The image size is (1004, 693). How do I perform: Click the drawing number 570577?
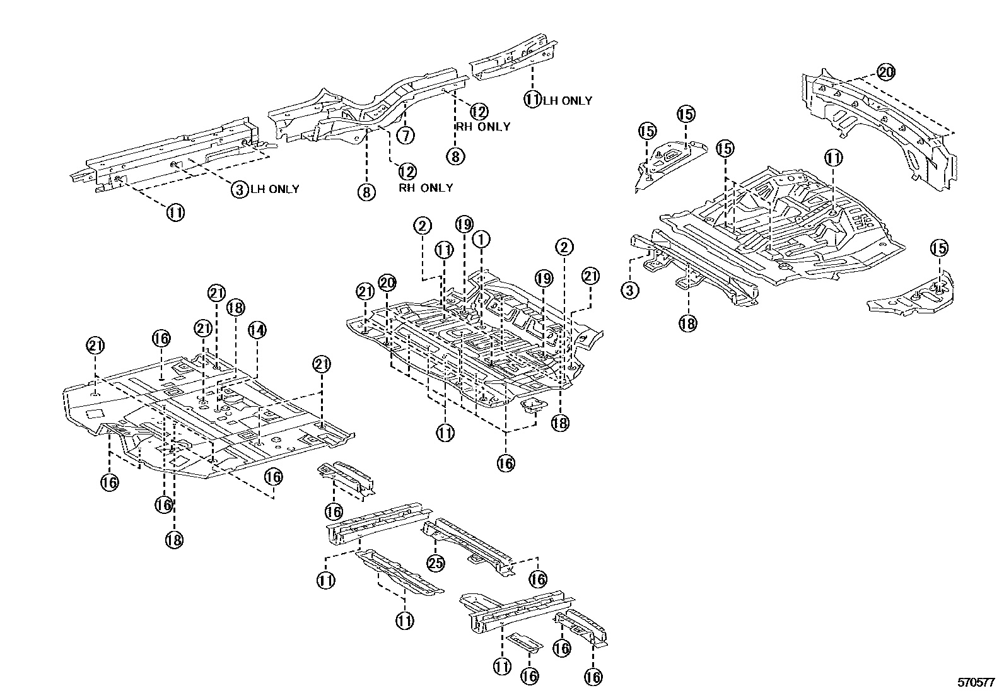(x=975, y=682)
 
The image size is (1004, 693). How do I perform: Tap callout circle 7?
(x=406, y=135)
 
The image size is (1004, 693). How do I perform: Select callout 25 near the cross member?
(x=436, y=562)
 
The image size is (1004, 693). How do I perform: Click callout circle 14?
(x=257, y=329)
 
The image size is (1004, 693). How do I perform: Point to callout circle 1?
(x=481, y=239)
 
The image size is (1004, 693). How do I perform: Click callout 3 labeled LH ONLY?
(x=240, y=189)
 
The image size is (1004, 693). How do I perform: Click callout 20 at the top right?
(x=885, y=73)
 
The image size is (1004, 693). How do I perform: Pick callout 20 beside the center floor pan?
(x=387, y=283)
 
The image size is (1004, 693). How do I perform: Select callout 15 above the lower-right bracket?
(x=939, y=248)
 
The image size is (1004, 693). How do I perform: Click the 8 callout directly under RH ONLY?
(x=455, y=155)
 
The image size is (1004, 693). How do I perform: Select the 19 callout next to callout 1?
(x=464, y=224)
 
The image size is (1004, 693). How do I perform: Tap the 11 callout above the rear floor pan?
(x=834, y=158)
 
